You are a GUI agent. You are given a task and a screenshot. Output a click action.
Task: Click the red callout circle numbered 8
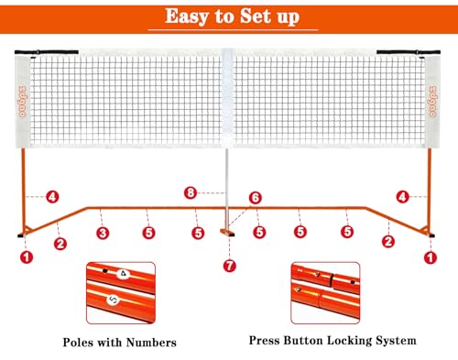click(191, 193)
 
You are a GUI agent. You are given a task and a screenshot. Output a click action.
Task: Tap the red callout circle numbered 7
click(229, 266)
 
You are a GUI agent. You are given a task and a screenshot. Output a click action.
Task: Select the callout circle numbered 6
click(256, 198)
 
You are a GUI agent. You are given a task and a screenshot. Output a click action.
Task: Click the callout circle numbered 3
click(103, 234)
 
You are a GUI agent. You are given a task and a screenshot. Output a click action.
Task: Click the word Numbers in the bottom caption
click(151, 343)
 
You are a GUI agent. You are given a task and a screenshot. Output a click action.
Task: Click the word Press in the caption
click(265, 341)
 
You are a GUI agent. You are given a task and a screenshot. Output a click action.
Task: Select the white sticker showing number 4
click(124, 274)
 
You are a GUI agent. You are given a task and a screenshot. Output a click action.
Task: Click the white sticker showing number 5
click(113, 300)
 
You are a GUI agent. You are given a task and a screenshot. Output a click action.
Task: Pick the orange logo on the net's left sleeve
click(23, 102)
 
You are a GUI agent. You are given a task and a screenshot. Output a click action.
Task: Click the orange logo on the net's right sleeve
click(432, 102)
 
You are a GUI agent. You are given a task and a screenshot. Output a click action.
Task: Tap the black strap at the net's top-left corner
click(47, 52)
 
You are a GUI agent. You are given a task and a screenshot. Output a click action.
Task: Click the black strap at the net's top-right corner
click(409, 52)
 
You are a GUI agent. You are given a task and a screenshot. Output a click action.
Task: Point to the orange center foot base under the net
click(227, 233)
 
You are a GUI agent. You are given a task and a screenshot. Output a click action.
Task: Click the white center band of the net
click(228, 98)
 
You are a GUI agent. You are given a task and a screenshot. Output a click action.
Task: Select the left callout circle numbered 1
click(27, 257)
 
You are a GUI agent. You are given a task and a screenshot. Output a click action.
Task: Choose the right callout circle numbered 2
click(388, 242)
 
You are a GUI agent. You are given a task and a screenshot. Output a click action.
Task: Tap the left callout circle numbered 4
click(52, 197)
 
